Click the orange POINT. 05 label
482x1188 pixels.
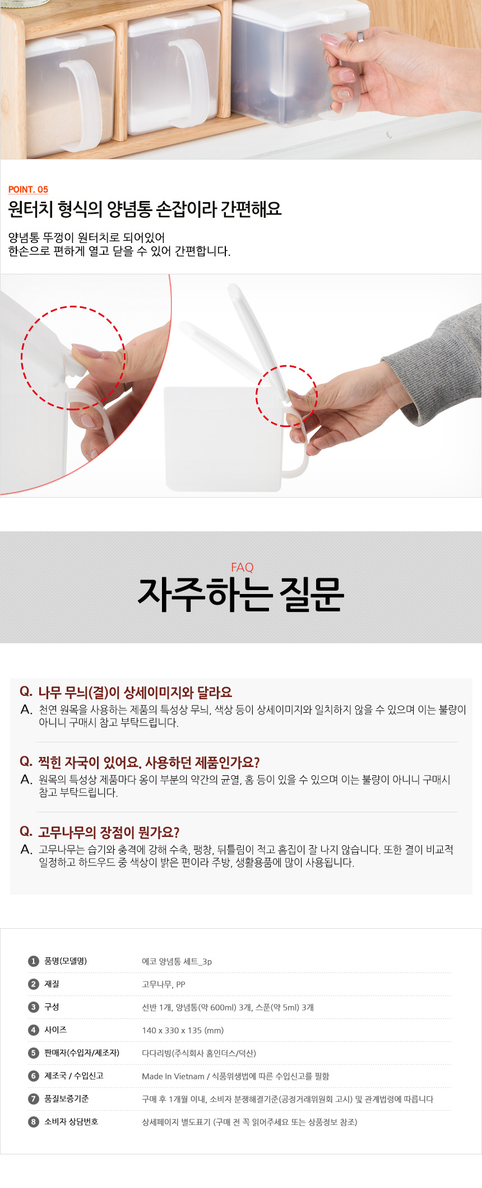(x=28, y=189)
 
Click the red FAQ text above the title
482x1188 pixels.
(x=242, y=567)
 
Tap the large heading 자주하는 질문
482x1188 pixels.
(x=241, y=594)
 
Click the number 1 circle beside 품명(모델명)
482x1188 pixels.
(x=34, y=961)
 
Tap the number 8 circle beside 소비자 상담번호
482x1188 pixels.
(x=34, y=1122)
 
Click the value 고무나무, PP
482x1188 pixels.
(x=164, y=985)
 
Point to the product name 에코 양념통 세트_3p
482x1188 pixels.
(x=177, y=962)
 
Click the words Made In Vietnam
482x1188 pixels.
(x=173, y=1077)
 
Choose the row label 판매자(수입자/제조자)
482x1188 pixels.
(x=82, y=1053)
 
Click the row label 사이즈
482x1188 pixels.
(x=55, y=1030)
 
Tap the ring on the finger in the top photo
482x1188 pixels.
(x=360, y=36)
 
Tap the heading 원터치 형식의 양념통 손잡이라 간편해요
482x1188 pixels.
(x=145, y=209)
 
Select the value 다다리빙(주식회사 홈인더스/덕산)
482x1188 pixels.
(x=199, y=1054)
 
